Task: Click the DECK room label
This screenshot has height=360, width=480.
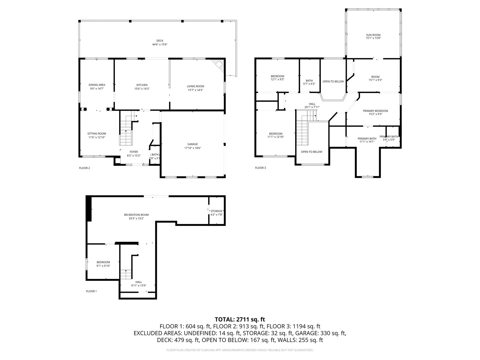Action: [160, 41]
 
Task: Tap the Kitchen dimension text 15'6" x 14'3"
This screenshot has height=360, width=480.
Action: [142, 89]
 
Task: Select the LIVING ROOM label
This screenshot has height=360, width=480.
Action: [195, 86]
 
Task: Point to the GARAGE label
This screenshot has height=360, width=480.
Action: [192, 144]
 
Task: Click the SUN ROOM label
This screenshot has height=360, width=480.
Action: [373, 35]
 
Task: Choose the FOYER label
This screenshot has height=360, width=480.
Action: [134, 152]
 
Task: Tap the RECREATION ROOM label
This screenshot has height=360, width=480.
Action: [136, 215]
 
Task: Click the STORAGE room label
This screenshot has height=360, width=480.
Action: [217, 211]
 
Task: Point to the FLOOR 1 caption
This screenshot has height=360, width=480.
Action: [91, 291]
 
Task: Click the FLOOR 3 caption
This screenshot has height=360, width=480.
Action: [260, 168]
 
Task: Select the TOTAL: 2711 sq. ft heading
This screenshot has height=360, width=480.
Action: [240, 319]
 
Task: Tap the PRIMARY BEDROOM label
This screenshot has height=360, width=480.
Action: [376, 111]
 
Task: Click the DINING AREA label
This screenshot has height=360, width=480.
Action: [97, 85]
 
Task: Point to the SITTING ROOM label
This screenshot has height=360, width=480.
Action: [97, 134]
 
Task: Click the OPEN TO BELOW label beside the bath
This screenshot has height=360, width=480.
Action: [333, 82]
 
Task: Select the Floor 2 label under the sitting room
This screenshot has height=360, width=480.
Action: [84, 168]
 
